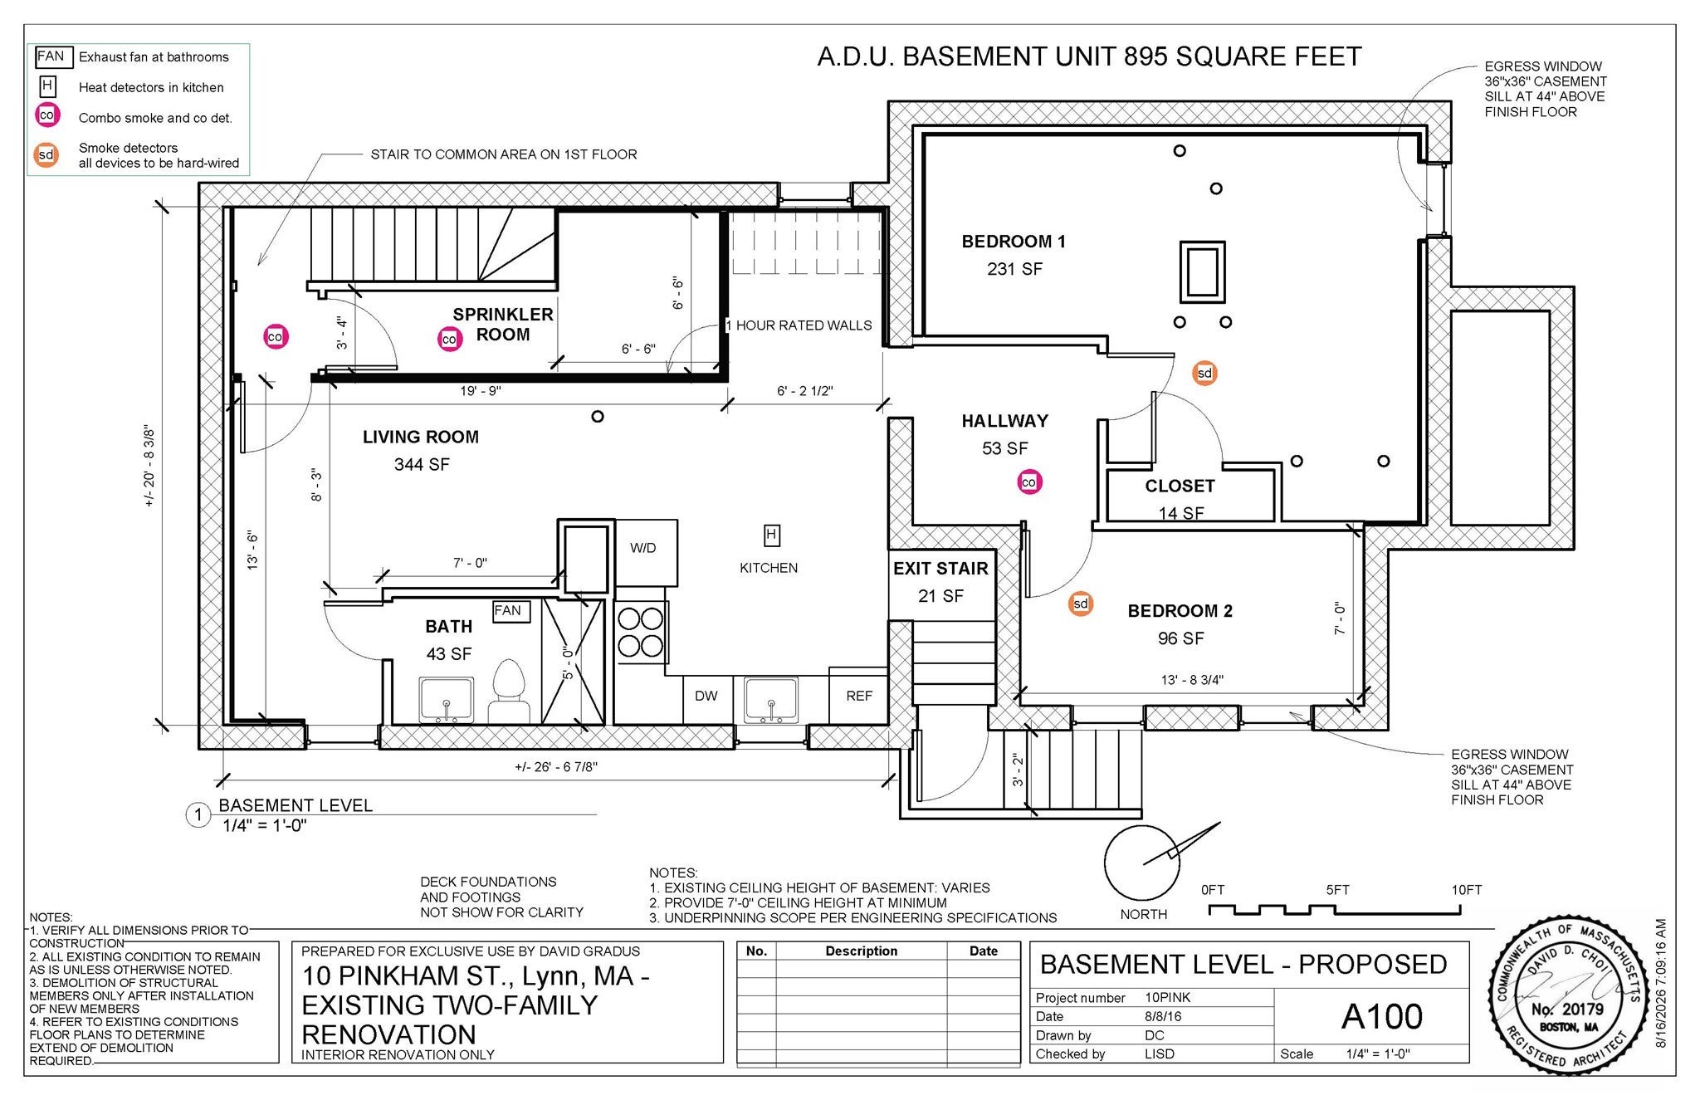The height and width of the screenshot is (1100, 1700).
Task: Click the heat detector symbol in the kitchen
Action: click(x=771, y=535)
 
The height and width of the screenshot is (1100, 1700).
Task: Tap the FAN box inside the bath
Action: click(x=507, y=611)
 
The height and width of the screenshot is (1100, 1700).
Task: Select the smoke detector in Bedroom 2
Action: click(x=1080, y=604)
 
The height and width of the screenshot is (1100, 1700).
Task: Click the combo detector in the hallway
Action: click(x=1029, y=482)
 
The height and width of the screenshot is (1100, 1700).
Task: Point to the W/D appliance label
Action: click(x=642, y=548)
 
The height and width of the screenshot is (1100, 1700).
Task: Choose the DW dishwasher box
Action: click(x=706, y=696)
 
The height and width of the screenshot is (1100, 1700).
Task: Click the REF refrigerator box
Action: click(x=859, y=696)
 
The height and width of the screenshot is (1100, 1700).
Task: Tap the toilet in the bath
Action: click(x=509, y=691)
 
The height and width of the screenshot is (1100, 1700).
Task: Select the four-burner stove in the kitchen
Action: click(x=641, y=633)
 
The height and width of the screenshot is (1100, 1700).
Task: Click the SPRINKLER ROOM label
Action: click(x=503, y=325)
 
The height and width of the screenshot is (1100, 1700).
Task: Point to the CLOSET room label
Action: click(x=1180, y=486)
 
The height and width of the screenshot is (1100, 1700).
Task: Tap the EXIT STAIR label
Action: click(x=940, y=569)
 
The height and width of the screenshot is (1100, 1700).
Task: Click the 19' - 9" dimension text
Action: click(x=481, y=391)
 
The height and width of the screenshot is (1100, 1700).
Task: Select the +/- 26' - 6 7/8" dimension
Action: click(x=556, y=767)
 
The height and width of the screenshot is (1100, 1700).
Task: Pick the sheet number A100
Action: click(x=1381, y=1016)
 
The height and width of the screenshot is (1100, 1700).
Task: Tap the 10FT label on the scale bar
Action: click(x=1466, y=890)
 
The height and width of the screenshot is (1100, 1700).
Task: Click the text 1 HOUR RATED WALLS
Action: click(x=799, y=325)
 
